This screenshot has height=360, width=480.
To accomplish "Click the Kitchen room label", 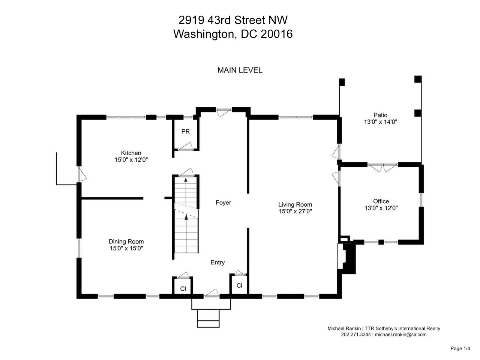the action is point(131,153).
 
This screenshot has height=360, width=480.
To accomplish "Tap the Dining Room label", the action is point(126,241).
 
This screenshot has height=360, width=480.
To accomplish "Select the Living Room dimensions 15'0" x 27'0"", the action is point(295,211).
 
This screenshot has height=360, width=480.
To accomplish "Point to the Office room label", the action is point(381,201).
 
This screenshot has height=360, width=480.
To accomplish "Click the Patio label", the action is point(380,115).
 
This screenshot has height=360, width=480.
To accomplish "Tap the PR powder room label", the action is point(186,131).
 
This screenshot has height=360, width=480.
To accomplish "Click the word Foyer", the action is point(223,202).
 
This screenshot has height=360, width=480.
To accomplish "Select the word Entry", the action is point(217,262).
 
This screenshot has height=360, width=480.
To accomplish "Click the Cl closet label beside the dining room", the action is point(183,289).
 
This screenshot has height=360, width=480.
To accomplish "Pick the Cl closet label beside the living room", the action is point(239,285).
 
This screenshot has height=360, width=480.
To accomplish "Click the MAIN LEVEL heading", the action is point(240,70).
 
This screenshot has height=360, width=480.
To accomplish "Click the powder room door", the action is point(186,146).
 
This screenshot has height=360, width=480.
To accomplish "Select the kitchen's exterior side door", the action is point(82,174).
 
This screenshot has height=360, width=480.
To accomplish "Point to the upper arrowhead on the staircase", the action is point(186,180).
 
